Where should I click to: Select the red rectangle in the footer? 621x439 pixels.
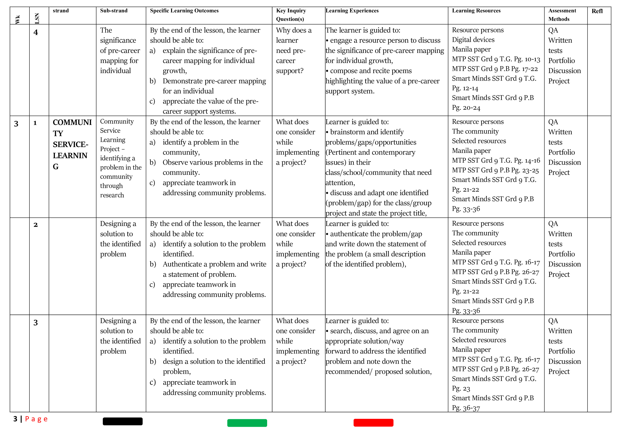point(373,423)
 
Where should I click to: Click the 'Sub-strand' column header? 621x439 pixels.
point(114,11)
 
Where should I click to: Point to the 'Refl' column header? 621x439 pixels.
point(597,11)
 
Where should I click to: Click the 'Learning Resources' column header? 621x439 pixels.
point(476,11)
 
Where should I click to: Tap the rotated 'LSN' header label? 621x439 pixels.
point(37,18)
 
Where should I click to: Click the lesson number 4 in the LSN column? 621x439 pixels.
point(36,32)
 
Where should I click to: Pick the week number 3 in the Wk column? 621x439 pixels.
point(16,124)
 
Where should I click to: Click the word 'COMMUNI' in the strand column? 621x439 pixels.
point(72,122)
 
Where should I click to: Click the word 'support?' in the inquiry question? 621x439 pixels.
point(290,71)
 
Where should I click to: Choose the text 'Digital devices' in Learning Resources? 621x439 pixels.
point(473,40)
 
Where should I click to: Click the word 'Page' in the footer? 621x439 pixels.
point(36,419)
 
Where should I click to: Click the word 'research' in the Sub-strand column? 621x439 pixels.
point(112,195)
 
